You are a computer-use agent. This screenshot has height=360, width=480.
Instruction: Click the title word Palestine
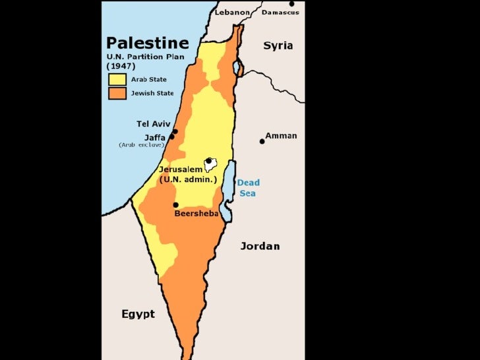click(148, 44)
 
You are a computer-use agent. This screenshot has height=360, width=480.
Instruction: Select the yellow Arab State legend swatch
click(117, 79)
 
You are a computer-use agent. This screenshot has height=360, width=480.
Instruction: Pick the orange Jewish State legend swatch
click(117, 93)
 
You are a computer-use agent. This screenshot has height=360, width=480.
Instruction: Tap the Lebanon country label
click(232, 12)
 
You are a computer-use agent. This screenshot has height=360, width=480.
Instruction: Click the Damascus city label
click(280, 12)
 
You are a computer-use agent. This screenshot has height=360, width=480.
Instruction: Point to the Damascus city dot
click(291, 4)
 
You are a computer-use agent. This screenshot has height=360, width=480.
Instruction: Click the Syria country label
click(278, 45)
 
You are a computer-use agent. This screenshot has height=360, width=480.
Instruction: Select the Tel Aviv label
click(153, 124)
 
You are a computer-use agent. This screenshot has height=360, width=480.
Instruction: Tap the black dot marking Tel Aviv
click(175, 131)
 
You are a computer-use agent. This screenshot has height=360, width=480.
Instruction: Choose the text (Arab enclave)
click(141, 144)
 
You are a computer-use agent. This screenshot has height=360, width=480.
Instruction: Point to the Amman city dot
click(262, 141)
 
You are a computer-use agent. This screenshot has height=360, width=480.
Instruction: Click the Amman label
click(281, 136)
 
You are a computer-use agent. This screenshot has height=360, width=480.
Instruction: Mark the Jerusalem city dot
click(208, 160)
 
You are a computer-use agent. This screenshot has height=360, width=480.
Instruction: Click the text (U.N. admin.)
click(188, 179)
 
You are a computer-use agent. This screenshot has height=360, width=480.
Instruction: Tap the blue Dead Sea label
click(249, 187)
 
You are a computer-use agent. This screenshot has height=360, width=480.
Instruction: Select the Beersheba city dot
click(175, 204)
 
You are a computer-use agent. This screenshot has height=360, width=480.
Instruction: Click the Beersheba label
click(196, 214)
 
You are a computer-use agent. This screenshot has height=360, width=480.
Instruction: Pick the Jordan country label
click(259, 246)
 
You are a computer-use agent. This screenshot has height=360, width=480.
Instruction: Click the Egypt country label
click(138, 314)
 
